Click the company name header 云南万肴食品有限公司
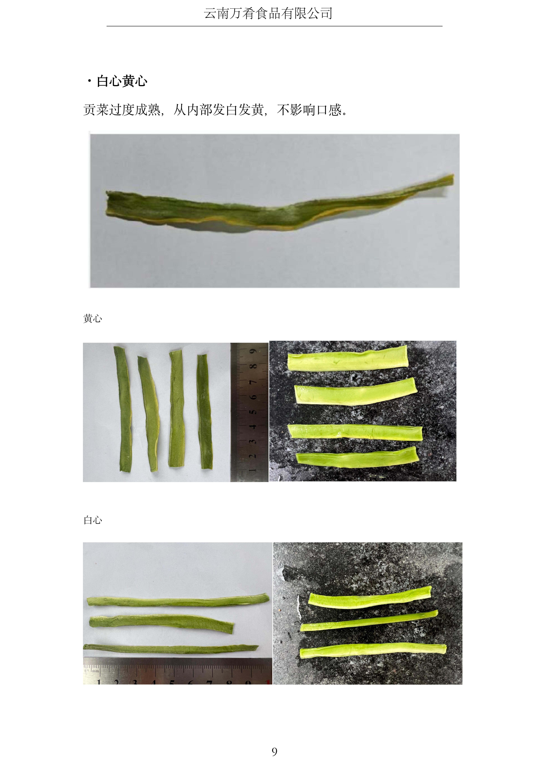(x=268, y=14)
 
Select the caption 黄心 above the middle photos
(x=93, y=318)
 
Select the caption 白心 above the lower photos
(x=93, y=520)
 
